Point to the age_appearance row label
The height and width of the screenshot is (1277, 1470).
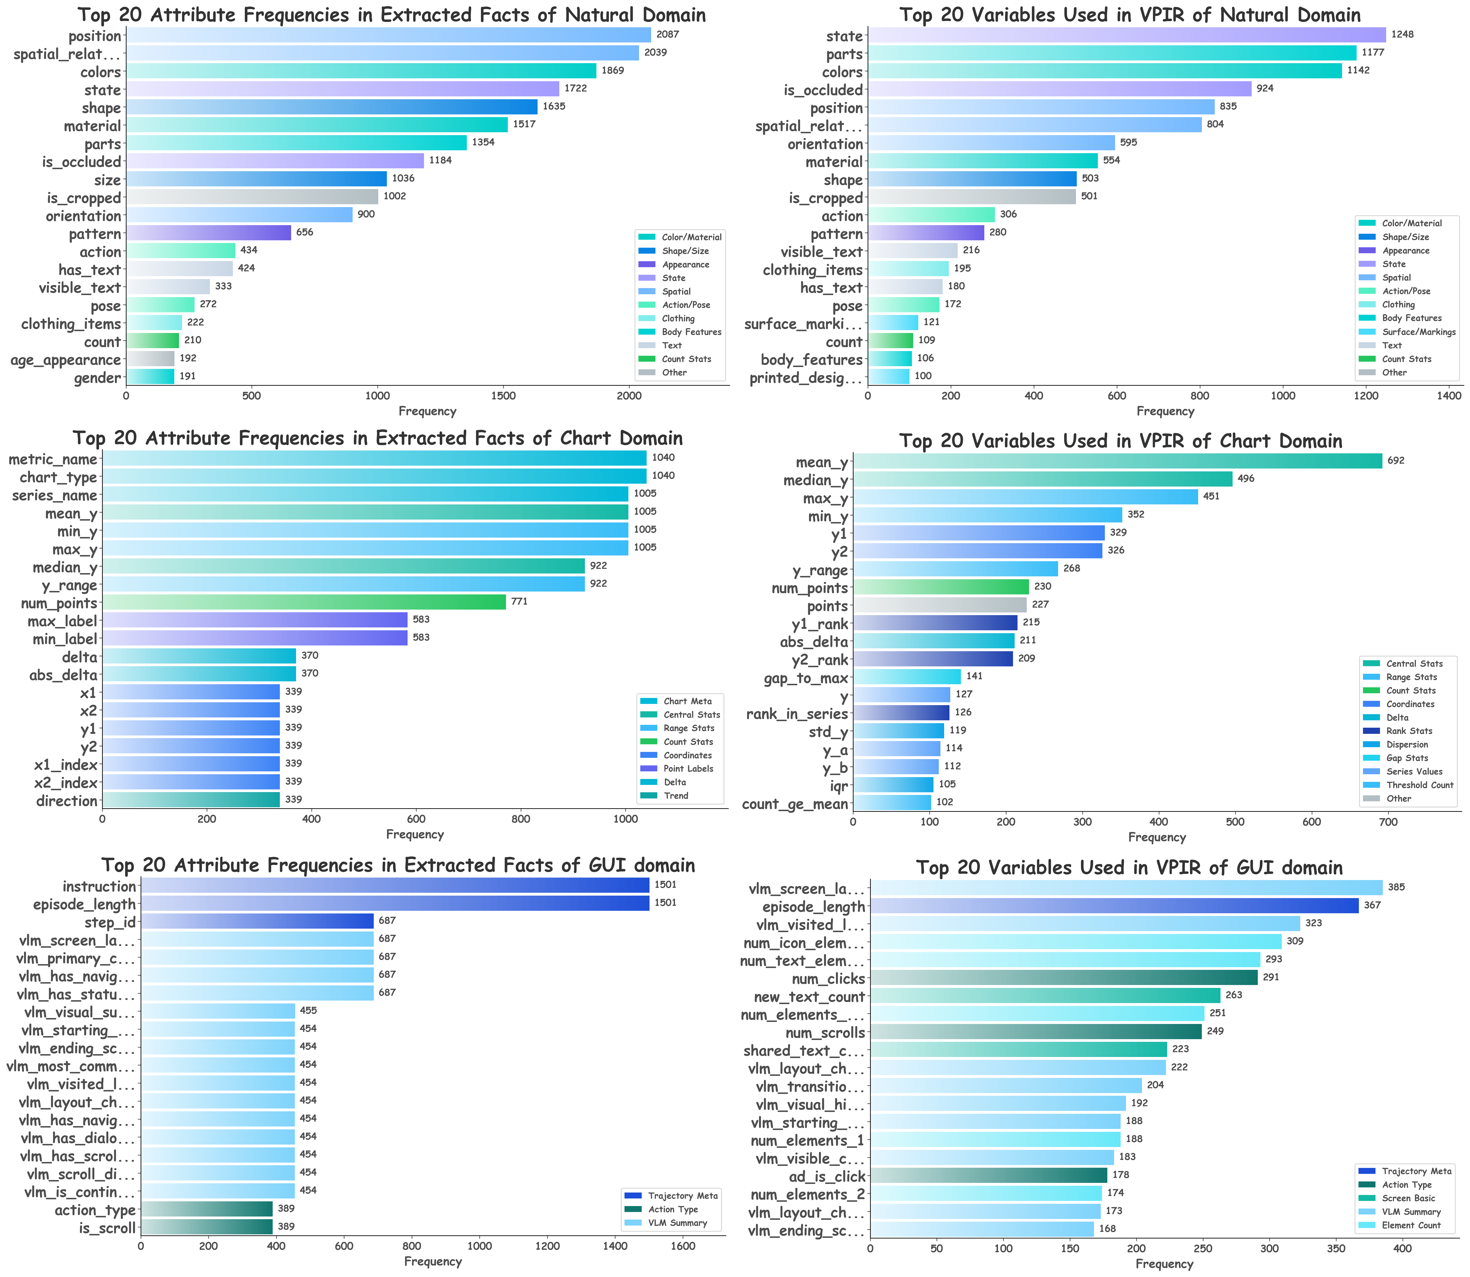point(66,360)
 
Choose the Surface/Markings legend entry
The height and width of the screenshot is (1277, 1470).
point(1418,332)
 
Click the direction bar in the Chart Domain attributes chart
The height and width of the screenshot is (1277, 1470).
point(191,799)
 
